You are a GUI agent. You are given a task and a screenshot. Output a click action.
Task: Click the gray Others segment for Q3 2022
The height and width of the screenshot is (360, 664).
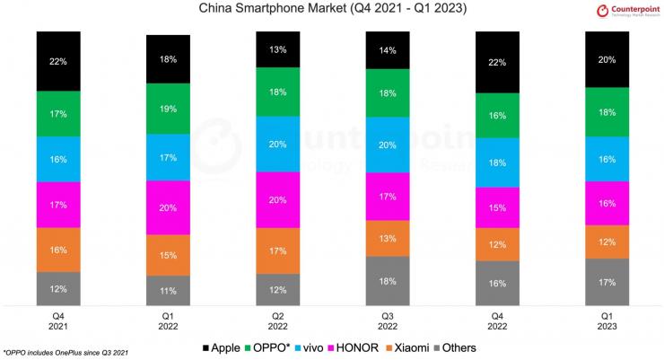pos(389,281)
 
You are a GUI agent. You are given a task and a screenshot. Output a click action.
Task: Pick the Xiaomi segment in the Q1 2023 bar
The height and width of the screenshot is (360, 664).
pos(607,242)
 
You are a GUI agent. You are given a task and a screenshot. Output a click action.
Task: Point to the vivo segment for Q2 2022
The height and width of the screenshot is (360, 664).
pos(279,144)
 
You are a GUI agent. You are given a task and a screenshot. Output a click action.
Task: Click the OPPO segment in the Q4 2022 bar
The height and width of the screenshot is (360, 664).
pos(498,116)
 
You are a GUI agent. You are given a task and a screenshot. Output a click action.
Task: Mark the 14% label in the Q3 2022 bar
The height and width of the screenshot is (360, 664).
pos(389,52)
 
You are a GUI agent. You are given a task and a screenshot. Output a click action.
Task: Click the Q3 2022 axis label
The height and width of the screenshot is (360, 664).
pos(389,322)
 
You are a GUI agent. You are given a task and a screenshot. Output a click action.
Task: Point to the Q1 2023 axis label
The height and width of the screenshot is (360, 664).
pos(607,322)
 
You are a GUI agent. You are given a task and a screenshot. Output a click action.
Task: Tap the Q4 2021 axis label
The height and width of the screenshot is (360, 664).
pos(59,322)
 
